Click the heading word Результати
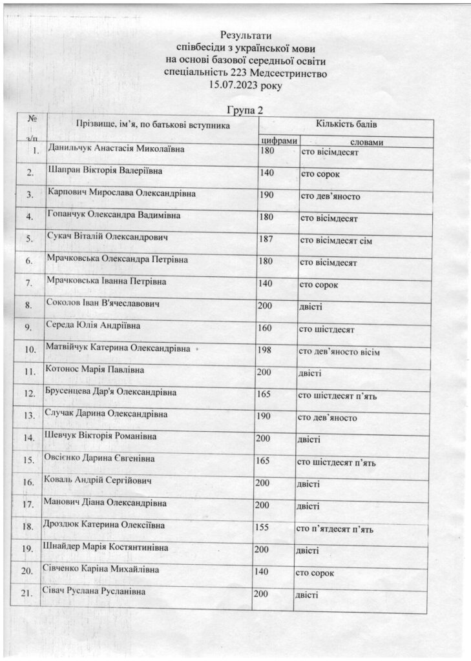coord(246,34)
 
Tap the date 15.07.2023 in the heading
coord(233,85)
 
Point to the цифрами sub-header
coord(278,140)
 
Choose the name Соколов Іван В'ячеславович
coord(104,303)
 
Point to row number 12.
coord(28,393)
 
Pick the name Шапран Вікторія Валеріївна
coord(105,172)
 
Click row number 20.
coord(27,572)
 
